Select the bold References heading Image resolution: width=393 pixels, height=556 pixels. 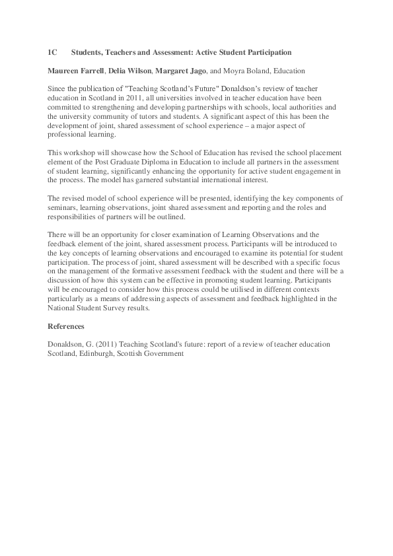(x=66, y=326)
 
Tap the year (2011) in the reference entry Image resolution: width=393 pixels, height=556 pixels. (x=99, y=345)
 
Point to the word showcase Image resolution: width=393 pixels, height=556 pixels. (x=124, y=153)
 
